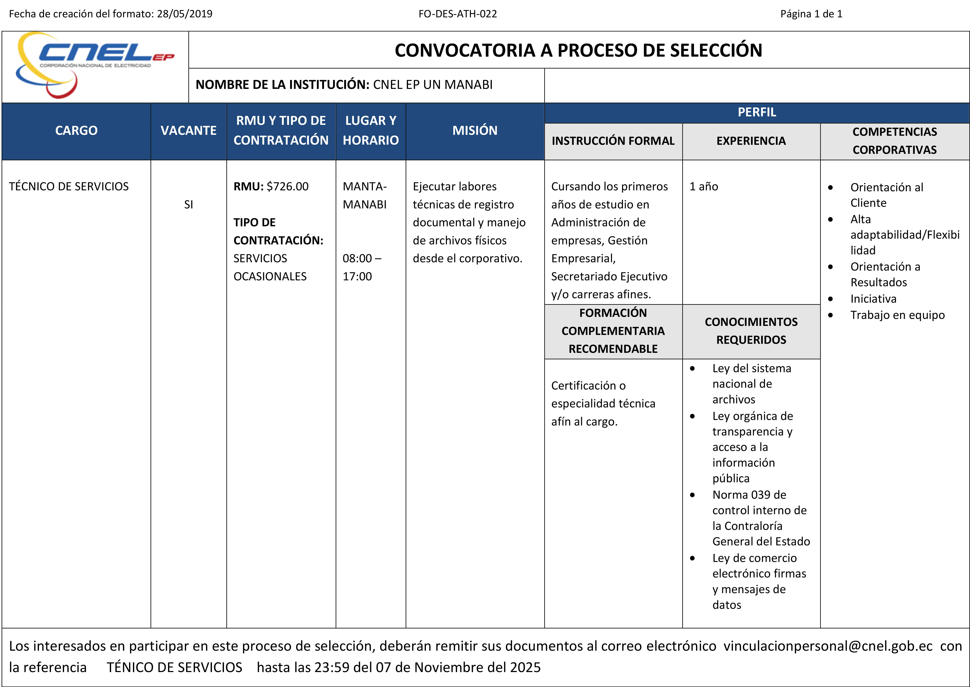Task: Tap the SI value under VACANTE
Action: [188, 205]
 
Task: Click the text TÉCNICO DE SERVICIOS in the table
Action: [69, 187]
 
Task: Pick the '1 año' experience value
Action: [704, 187]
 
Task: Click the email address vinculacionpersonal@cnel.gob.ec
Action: [828, 646]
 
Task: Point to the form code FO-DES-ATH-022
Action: [457, 14]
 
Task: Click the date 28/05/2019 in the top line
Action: [185, 14]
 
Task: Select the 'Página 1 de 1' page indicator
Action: [811, 14]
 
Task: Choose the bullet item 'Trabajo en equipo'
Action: [897, 315]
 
